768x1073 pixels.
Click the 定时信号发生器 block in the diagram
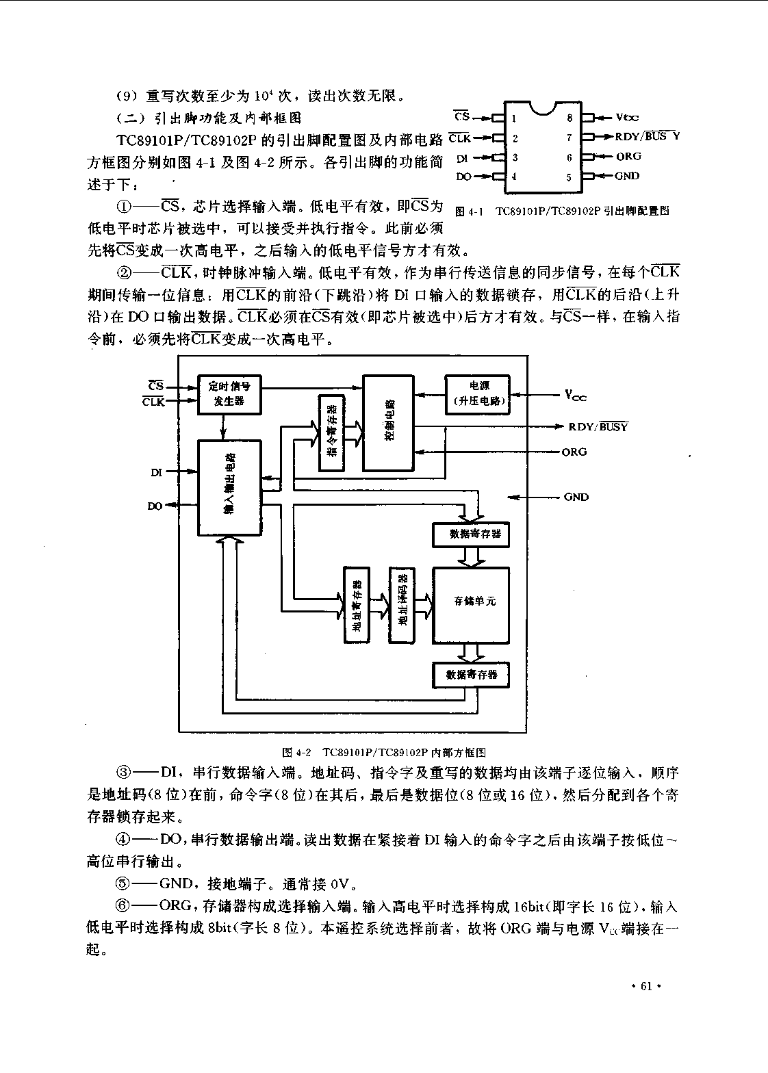point(229,394)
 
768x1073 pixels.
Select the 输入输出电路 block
point(229,488)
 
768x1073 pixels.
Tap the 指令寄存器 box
point(331,433)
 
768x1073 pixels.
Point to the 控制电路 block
point(388,423)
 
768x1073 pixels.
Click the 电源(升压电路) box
point(477,394)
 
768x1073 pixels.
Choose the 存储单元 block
point(471,606)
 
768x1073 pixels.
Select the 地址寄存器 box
point(357,604)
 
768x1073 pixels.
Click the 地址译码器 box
point(402,604)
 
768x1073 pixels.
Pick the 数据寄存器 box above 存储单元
point(471,534)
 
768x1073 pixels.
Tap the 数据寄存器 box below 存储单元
point(471,675)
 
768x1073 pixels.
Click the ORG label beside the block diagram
point(574,452)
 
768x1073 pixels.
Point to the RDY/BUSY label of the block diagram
point(598,426)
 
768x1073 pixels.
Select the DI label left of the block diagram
point(156,472)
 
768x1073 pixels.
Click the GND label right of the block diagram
point(576,497)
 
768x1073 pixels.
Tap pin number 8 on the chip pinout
point(569,118)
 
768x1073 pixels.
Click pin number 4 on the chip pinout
point(514,177)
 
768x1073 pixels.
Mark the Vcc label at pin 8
point(627,118)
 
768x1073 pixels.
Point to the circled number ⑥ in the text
point(123,906)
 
